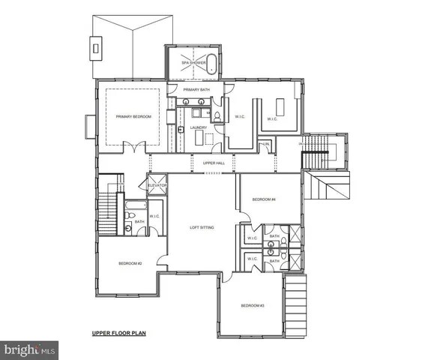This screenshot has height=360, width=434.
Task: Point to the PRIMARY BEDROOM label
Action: pyautogui.click(x=133, y=117)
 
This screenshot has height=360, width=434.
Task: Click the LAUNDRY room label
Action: pyautogui.click(x=198, y=127)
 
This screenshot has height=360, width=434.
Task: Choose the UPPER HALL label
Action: pyautogui.click(x=214, y=163)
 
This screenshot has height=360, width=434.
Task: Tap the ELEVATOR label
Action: pyautogui.click(x=157, y=184)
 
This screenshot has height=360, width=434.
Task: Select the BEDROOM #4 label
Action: pyautogui.click(x=265, y=199)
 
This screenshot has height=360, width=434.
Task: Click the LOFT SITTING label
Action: pyautogui.click(x=202, y=227)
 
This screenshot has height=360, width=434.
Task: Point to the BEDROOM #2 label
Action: pyautogui.click(x=130, y=263)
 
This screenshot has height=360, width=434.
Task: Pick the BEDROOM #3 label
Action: pyautogui.click(x=253, y=305)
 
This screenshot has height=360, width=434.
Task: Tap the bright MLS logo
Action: pyautogui.click(x=30, y=349)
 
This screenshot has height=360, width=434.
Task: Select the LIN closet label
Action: pyautogui.click(x=265, y=144)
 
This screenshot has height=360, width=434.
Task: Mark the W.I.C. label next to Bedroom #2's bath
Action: pyautogui.click(x=154, y=217)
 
